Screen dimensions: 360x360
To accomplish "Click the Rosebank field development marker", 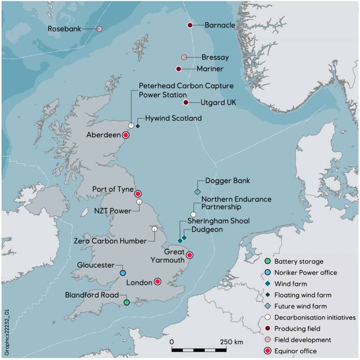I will [x=99, y=29].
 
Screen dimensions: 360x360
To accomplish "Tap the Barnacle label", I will [x=220, y=25].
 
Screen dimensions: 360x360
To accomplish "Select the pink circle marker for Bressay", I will [x=184, y=57].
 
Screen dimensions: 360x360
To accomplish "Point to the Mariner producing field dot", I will [x=178, y=69].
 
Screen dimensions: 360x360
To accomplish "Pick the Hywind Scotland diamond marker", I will [x=138, y=126].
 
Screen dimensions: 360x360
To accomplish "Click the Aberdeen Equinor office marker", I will [x=126, y=135].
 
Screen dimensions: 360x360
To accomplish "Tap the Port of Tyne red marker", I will [x=138, y=194].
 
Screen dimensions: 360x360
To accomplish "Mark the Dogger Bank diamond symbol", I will [x=197, y=191].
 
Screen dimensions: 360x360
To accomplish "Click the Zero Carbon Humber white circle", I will [x=154, y=229].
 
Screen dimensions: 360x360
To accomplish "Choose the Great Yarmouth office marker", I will [x=190, y=255].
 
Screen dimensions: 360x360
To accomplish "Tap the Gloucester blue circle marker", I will [x=123, y=273].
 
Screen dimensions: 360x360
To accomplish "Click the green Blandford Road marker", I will [x=126, y=302].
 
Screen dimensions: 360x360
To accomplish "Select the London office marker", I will [x=158, y=282].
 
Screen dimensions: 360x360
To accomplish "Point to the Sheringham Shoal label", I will [x=219, y=221].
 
